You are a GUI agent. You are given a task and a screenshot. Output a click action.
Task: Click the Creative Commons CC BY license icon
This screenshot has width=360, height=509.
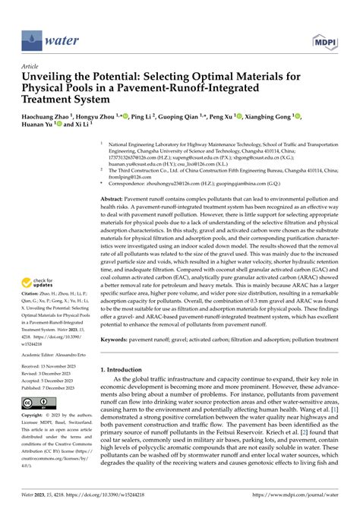37,402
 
